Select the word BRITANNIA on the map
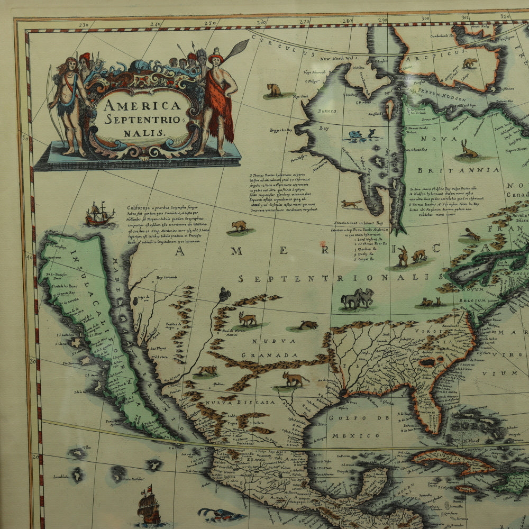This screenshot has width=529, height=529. point(458,170)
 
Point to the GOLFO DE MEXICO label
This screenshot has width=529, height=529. point(360,427)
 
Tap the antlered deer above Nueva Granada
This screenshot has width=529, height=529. point(247,318)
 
